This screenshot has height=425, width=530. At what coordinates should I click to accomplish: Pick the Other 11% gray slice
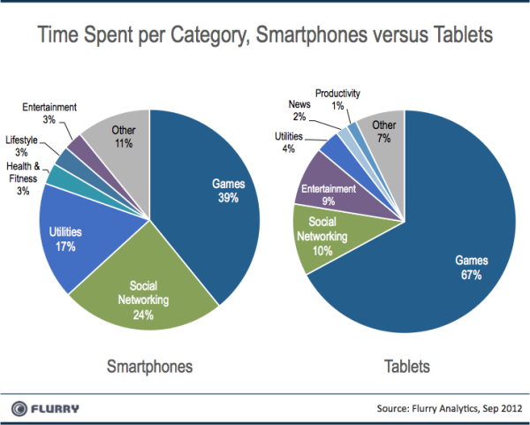[x=124, y=137]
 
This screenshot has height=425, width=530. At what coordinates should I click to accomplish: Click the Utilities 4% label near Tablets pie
[x=289, y=141]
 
